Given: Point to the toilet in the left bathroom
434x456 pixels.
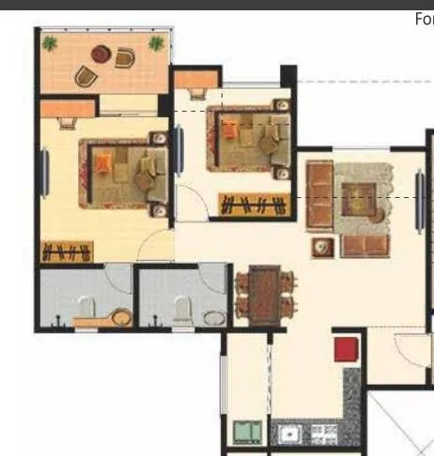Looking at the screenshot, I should (x=86, y=307).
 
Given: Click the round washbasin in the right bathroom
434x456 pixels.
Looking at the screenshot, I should (x=212, y=316).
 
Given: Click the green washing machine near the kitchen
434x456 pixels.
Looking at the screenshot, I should (x=247, y=433).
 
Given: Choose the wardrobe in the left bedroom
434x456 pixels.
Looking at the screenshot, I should (x=67, y=251).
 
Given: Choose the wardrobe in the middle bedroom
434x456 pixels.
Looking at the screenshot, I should (x=252, y=204).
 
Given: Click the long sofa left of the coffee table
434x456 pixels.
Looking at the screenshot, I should (x=318, y=195).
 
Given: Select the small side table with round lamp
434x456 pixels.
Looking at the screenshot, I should (x=323, y=247).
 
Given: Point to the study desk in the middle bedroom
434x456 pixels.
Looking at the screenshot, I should (x=197, y=93).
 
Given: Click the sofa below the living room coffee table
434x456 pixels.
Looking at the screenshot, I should (x=364, y=247).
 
